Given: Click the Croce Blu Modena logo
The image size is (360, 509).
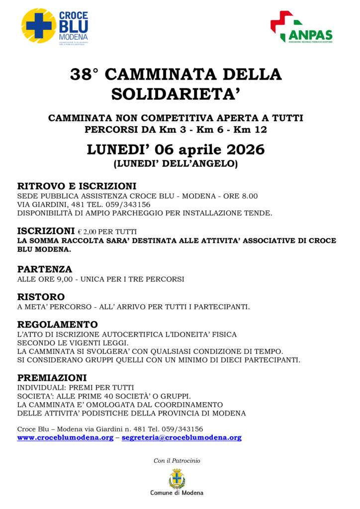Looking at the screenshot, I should click(x=55, y=25).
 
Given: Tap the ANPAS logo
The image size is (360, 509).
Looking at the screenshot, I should click(x=301, y=27).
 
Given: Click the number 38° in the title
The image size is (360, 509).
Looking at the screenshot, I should click(x=85, y=75).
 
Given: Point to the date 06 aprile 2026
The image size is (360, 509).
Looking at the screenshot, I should click(x=209, y=149).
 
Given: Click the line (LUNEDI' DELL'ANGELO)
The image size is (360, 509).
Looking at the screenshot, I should click(x=176, y=163).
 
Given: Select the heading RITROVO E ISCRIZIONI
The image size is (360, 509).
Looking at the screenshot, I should click(x=77, y=186).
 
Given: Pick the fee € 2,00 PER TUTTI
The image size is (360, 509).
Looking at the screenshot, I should click(x=107, y=232).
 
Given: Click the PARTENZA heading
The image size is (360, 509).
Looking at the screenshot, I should click(x=45, y=269).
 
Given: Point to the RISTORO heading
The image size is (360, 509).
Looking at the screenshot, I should click(x=41, y=297).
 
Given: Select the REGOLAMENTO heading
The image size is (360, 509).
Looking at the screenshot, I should click(x=57, y=325).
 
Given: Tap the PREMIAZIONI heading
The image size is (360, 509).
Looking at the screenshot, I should click(x=52, y=377).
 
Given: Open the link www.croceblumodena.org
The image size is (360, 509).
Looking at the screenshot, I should click(x=65, y=438).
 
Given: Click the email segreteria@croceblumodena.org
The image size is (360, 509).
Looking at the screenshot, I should click(x=181, y=438).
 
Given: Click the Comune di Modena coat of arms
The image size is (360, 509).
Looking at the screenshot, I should click(x=177, y=479).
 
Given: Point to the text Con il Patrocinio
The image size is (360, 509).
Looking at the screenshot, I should click(x=177, y=461).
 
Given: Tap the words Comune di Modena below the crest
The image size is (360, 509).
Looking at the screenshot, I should click(x=177, y=493).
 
